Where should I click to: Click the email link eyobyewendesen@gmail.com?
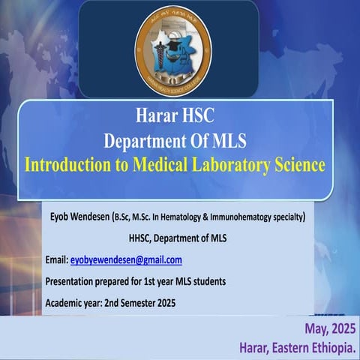click(126, 260)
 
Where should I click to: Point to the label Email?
click(56, 260)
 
